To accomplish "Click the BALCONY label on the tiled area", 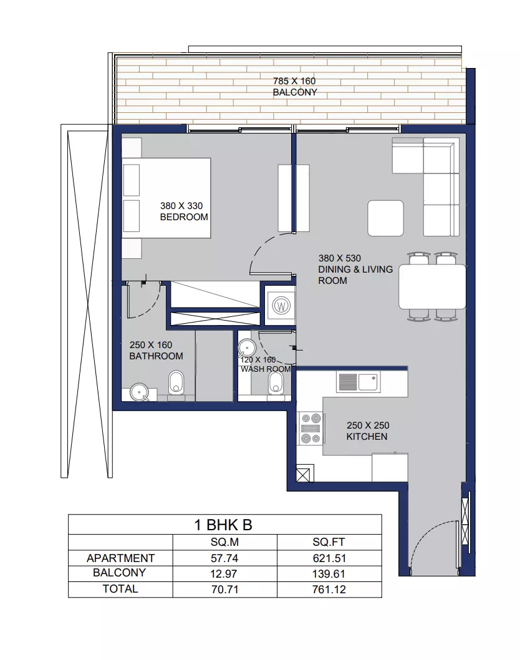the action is tap(295, 92).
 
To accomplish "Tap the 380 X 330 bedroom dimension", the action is tap(181, 206).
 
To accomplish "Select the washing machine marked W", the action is tap(281, 305).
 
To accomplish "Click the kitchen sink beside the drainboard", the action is tap(368, 382).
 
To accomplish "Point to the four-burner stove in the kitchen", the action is tap(311, 429).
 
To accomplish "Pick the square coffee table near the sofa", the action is tap(385, 218).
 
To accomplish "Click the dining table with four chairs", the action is tap(432, 287).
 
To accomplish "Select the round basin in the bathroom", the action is tap(139, 392).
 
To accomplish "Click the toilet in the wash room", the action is tap(276, 384).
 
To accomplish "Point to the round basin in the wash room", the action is tap(247, 349).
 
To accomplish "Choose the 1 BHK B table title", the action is tap(223, 525).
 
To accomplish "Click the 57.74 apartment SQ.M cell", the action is tap(224, 558).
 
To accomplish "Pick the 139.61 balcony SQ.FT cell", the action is tap(329, 574).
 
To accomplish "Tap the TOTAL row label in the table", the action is tap(120, 589).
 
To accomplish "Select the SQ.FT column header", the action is tap(329, 542).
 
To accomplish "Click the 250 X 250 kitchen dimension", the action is tap(368, 425).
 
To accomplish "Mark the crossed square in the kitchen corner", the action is tap(305, 473).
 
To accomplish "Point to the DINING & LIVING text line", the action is tap(355, 269).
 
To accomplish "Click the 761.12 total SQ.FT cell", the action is tap(329, 590).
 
